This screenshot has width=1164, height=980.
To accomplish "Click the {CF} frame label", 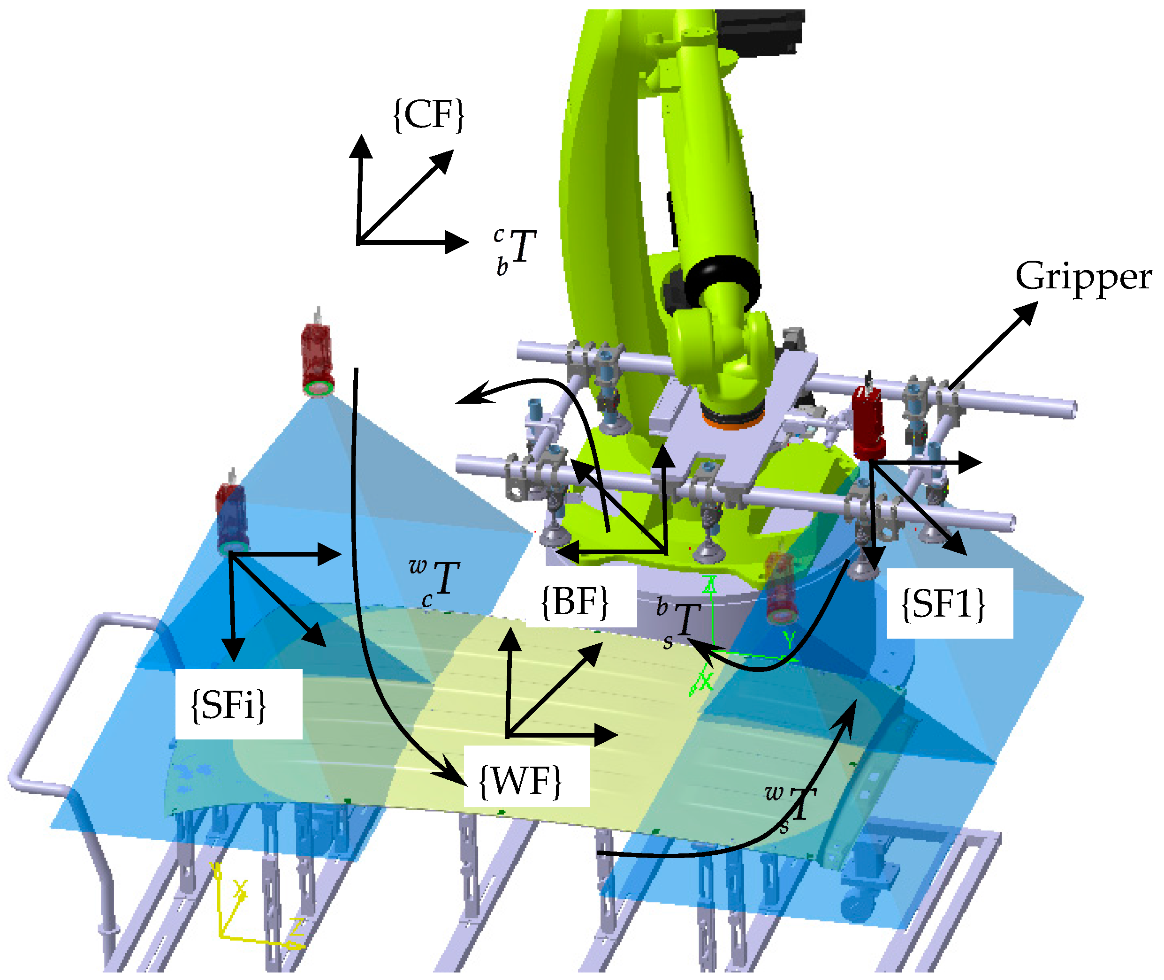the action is point(428,115).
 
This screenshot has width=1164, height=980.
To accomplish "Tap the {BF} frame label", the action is point(575,601).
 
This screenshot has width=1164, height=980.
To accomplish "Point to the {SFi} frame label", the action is point(228,706).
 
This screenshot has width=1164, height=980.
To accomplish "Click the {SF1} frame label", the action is point(943,603).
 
